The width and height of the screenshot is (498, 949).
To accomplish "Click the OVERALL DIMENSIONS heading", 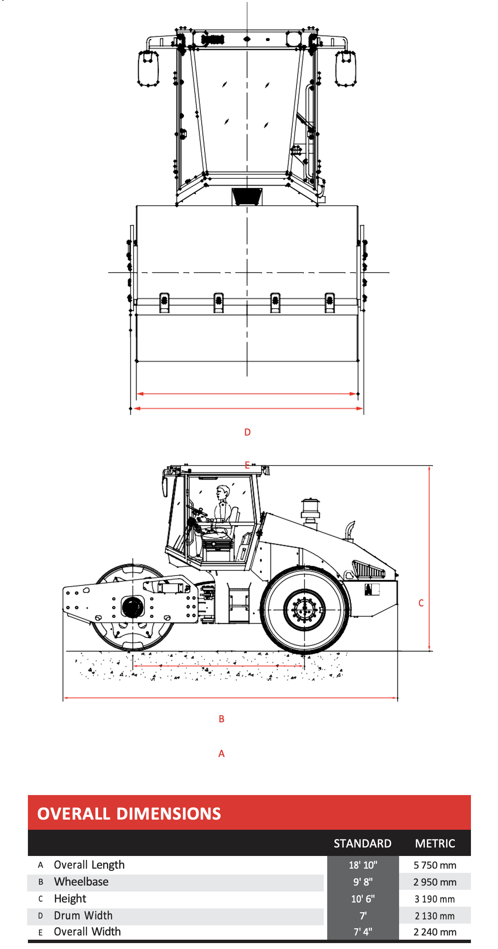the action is [x=129, y=814].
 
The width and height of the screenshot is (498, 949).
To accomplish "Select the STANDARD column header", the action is [x=362, y=844].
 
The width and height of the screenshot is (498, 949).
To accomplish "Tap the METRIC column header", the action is [x=435, y=844].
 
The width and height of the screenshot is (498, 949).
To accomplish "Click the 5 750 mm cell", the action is [x=435, y=865].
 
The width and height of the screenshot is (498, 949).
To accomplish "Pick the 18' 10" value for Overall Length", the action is [x=363, y=865].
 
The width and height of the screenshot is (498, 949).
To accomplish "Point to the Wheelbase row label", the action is [x=81, y=882].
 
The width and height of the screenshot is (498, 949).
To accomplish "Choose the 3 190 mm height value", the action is [x=435, y=899].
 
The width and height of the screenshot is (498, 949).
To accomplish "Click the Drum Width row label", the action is [x=83, y=916].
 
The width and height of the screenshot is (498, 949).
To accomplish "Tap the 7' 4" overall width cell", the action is [x=363, y=932].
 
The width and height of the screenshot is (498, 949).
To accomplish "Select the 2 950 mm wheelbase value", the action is [x=435, y=882].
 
